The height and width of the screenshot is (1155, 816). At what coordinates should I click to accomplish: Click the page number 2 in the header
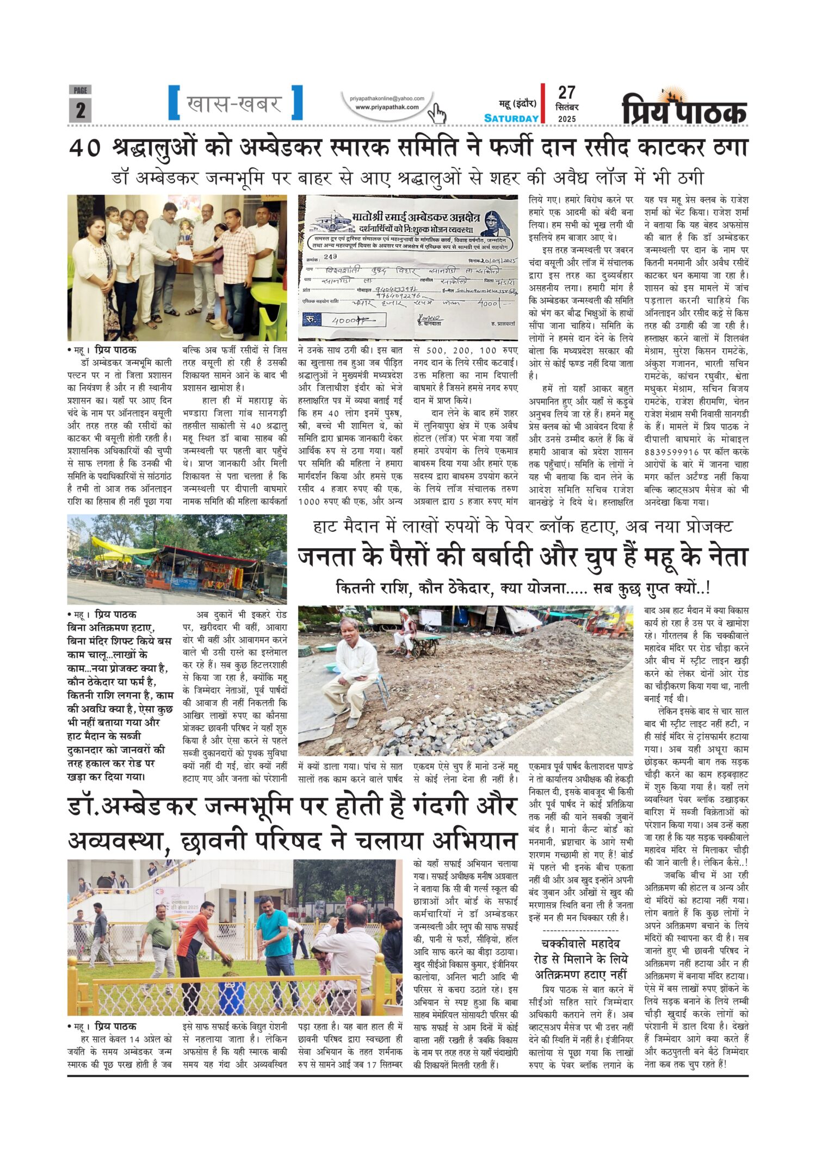80,110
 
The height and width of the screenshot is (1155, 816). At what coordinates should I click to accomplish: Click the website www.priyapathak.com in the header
387,107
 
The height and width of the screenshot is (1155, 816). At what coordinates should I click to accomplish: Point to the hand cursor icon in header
436,114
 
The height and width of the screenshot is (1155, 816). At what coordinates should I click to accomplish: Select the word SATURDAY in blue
511,118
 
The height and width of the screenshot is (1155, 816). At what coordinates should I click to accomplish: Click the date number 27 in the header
566,93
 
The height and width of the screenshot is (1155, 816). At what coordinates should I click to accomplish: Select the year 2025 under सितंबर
566,119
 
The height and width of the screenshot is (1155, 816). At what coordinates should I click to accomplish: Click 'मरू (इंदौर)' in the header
517,103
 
